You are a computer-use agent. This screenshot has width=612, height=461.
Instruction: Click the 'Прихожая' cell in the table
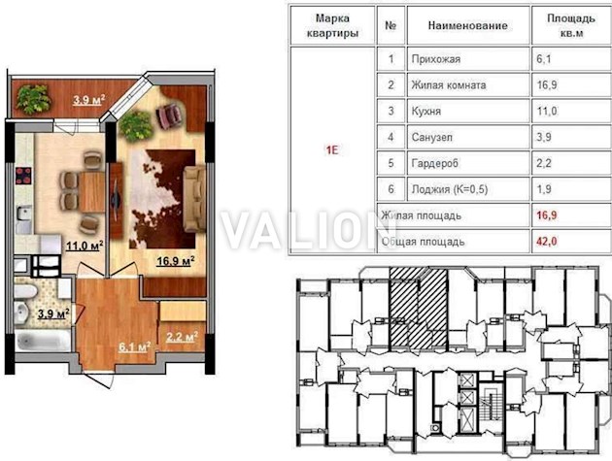(x=436, y=59)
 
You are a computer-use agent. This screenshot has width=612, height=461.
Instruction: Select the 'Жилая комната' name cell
(x=449, y=85)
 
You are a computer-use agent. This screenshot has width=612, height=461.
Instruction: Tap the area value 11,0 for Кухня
(x=547, y=112)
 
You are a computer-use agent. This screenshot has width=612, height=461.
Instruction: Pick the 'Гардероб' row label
(x=435, y=163)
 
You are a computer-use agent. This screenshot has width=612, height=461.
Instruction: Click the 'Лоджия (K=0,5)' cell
(x=450, y=189)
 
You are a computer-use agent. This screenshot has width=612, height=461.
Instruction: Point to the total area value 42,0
(x=547, y=242)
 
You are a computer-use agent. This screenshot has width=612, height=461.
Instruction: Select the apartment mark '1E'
(x=332, y=150)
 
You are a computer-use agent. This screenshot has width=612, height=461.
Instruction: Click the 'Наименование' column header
(x=468, y=26)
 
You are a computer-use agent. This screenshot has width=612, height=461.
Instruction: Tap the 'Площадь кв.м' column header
(x=571, y=26)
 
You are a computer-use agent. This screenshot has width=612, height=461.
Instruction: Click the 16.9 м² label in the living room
(x=176, y=260)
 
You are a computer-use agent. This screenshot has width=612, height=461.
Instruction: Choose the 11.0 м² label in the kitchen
(x=85, y=247)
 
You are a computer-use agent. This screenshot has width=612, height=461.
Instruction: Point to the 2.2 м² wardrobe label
(x=182, y=337)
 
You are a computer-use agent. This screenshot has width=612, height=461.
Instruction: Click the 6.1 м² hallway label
(x=135, y=346)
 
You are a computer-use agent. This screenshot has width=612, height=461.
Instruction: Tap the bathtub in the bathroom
(x=43, y=342)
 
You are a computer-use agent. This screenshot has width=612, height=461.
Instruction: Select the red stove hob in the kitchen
(x=23, y=175)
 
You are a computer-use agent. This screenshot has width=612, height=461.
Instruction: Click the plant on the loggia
(x=34, y=99)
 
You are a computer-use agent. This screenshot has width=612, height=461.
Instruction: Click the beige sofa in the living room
(x=194, y=199)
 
